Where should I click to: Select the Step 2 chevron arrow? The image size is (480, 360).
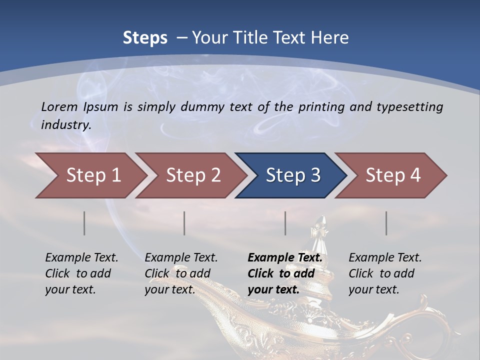(x=192, y=175)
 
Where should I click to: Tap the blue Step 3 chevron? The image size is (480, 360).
(x=292, y=175)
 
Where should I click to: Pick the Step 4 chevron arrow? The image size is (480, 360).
(x=392, y=175)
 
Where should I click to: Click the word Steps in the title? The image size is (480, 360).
(x=145, y=38)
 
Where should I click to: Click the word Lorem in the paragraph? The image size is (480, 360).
(x=59, y=106)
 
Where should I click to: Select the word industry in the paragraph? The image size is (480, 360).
(x=65, y=124)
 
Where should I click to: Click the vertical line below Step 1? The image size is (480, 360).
(x=84, y=223)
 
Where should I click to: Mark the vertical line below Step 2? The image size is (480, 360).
(x=184, y=223)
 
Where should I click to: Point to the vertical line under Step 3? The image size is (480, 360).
(x=285, y=223)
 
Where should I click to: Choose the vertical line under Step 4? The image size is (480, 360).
(x=386, y=223)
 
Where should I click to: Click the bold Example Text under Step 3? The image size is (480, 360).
(x=285, y=258)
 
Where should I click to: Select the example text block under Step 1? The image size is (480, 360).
(x=81, y=273)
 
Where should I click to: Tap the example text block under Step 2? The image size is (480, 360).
(x=180, y=273)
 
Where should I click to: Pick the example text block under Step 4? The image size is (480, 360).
(x=384, y=273)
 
